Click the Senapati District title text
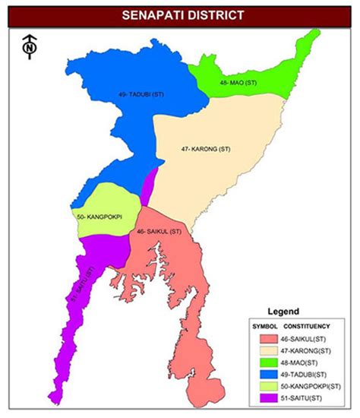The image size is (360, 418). click(180, 14)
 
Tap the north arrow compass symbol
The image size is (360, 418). click(28, 48)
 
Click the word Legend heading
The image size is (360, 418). click(283, 312)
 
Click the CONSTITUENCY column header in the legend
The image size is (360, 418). click(306, 325)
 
